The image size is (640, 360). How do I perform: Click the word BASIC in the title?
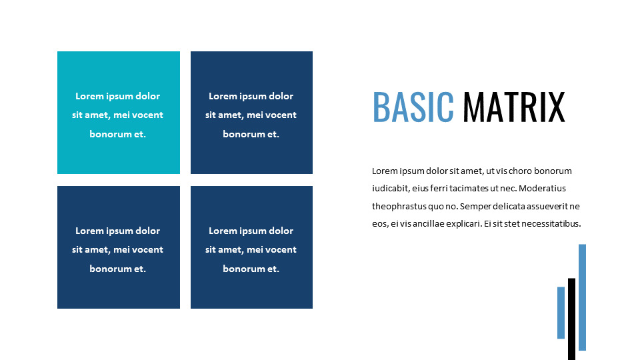413,107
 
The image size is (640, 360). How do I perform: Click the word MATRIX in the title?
514,107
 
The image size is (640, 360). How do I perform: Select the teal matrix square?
119,113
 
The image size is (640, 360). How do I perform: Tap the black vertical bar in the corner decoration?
571,319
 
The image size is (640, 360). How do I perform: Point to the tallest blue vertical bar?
582,297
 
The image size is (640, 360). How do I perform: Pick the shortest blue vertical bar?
561,313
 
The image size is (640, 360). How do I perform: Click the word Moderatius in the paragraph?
542,189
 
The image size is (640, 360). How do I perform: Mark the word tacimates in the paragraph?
469,189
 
